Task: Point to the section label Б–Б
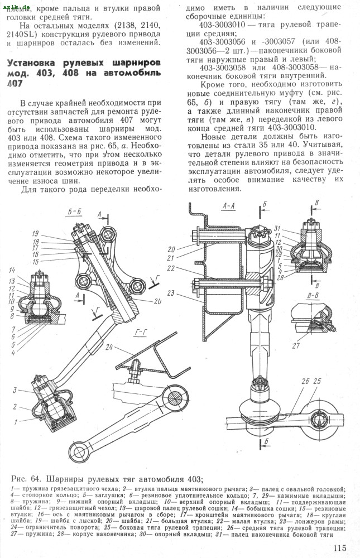coord(74,212)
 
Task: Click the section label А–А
coord(229,206)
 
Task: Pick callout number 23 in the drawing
coord(170,293)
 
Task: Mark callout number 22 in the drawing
coord(170,268)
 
